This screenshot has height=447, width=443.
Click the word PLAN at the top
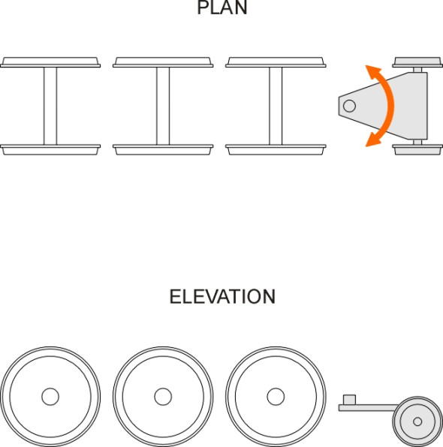[x=222, y=7]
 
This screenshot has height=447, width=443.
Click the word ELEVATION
[x=223, y=296]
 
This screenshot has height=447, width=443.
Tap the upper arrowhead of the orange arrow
[x=372, y=71]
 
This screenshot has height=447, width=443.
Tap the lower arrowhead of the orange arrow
[x=372, y=140]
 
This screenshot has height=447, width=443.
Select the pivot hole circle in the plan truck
[x=349, y=106]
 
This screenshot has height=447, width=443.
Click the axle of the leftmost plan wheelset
[x=50, y=106]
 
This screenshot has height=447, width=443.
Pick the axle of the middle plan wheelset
[x=163, y=106]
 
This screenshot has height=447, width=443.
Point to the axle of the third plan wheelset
[x=276, y=106]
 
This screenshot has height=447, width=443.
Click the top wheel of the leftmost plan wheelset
[x=50, y=62]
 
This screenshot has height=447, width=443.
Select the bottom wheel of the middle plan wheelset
[x=163, y=150]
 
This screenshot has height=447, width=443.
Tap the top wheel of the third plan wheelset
[x=276, y=62]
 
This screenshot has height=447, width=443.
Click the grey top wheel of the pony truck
[x=417, y=62]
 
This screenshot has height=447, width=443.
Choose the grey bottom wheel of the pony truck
[x=417, y=150]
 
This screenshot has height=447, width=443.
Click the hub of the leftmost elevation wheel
[x=50, y=397]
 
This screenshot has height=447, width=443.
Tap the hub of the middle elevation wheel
[x=163, y=397]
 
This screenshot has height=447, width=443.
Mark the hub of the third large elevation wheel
[x=276, y=397]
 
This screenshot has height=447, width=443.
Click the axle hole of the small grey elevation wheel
[x=417, y=421]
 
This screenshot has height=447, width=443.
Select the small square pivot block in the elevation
[x=349, y=400]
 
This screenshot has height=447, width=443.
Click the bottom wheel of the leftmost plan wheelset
[x=50, y=150]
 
